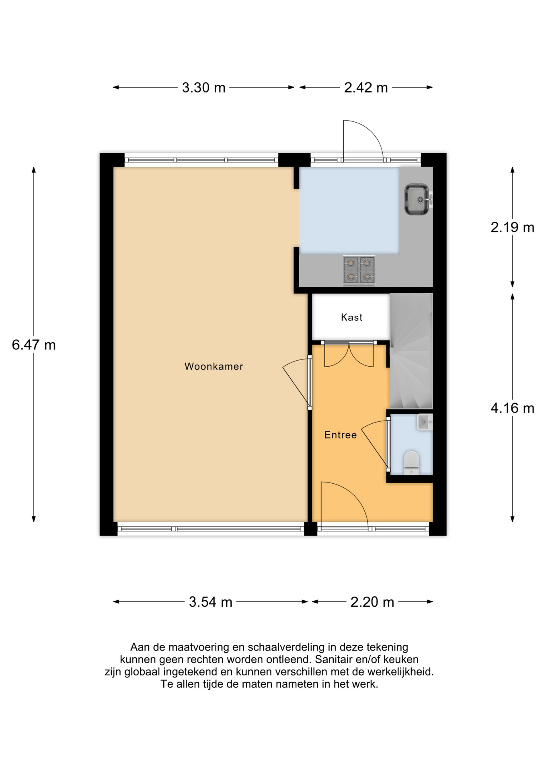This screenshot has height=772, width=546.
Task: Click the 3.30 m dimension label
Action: tap(203, 88)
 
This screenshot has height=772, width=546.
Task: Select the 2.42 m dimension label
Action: tap(365, 88)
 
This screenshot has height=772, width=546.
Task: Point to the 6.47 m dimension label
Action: tap(34, 345)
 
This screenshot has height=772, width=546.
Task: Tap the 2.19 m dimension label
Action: tap(512, 228)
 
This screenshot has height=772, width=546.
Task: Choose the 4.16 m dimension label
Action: tap(512, 409)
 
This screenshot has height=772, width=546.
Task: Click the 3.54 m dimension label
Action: tap(211, 602)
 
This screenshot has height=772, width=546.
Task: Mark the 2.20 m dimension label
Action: tap(372, 602)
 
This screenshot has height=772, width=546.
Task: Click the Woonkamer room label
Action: tap(213, 366)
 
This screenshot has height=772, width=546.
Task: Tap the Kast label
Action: tap(351, 318)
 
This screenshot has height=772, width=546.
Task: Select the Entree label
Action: tap(341, 435)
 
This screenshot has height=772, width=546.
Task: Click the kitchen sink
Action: tap(417, 199)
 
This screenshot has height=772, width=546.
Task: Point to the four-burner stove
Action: tap(359, 270)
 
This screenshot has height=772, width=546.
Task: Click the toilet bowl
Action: tap(411, 462)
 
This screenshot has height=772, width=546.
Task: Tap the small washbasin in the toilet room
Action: tap(424, 422)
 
